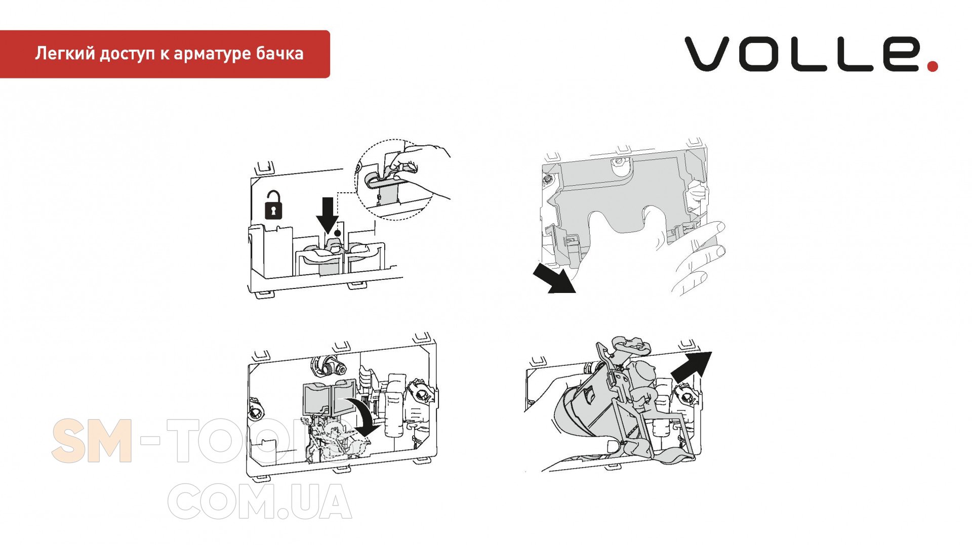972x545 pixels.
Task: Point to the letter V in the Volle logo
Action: [707, 53]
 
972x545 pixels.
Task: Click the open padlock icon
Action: [274, 204]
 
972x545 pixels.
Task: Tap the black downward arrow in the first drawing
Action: [328, 215]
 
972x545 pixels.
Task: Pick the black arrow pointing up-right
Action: [692, 367]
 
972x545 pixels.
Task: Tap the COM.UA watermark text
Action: [259, 501]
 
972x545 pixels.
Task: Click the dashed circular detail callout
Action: [395, 179]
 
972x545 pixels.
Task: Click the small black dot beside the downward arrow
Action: [338, 233]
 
